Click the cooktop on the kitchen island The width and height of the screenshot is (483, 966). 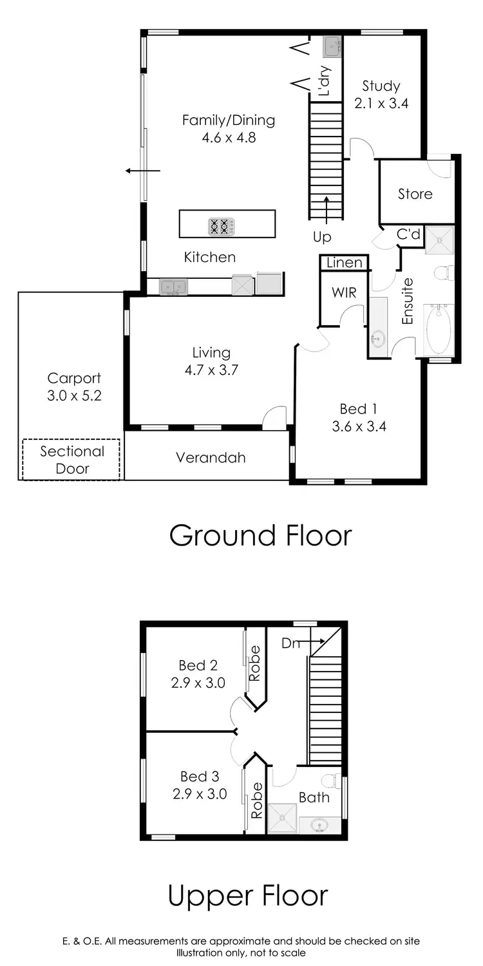[218, 227]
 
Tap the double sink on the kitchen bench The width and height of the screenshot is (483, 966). [173, 286]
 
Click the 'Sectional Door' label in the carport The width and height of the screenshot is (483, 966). [71, 460]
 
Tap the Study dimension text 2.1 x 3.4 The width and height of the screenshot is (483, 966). [382, 103]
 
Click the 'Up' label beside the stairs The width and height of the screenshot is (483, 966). [322, 237]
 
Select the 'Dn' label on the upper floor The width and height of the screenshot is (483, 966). [290, 642]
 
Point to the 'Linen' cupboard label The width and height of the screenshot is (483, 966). [344, 263]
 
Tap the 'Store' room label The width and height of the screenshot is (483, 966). [415, 194]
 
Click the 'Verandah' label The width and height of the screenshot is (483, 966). [211, 458]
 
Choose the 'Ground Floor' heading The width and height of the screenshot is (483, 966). [260, 536]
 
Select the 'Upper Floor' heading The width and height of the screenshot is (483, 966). [248, 895]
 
